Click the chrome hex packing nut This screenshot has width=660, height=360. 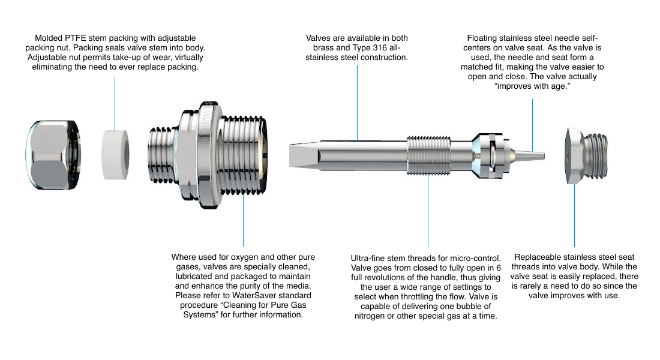(x=53, y=155)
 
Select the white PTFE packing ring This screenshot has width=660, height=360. (x=115, y=155)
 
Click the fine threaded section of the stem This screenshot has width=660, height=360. (x=428, y=155)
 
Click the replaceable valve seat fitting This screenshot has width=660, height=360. (x=586, y=156)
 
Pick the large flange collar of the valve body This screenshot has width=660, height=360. (x=201, y=155)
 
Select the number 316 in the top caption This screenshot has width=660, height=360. (x=380, y=48)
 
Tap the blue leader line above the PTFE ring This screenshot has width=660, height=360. (x=115, y=104)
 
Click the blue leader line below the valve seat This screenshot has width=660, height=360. (x=575, y=215)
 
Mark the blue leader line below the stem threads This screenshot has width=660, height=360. (x=428, y=211)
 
